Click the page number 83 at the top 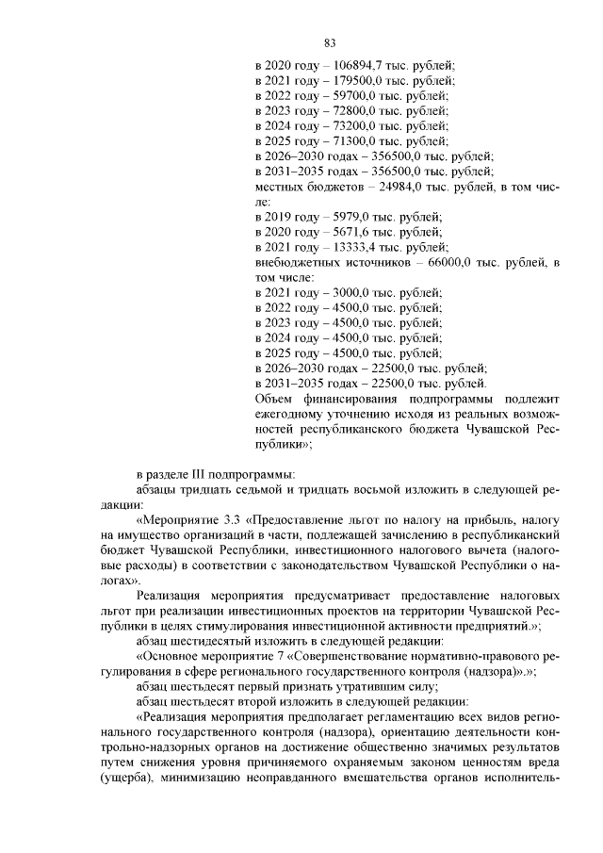[330, 42]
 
